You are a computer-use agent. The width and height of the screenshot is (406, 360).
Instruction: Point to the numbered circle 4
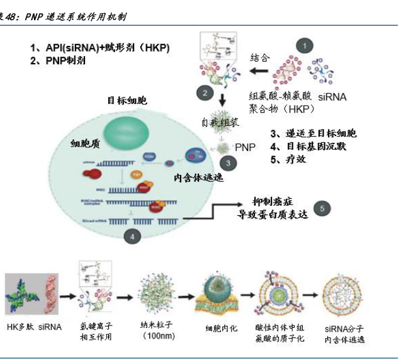coord(132,235)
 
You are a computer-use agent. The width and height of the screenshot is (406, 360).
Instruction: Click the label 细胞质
coord(86,143)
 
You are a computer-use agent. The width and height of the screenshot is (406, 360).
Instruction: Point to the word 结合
coord(260,57)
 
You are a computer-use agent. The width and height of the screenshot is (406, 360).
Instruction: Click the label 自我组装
coord(220,121)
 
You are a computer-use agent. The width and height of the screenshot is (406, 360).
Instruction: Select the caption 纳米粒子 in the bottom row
coord(157,326)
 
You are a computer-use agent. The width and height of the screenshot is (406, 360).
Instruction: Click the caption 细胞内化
coord(222,328)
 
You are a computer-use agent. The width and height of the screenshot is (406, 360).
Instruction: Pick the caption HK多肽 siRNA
coord(35,327)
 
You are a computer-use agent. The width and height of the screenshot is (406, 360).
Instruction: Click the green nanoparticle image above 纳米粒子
coord(157,293)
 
